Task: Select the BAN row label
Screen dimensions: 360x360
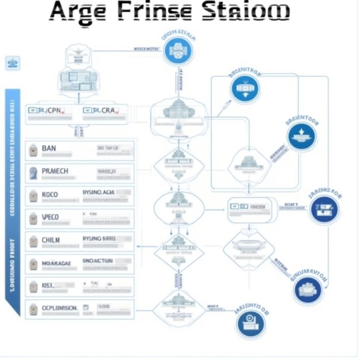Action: coord(49,148)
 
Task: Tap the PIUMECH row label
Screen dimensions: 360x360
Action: coord(55,171)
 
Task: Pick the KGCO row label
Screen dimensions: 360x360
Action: coord(50,194)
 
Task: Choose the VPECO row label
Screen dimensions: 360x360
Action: coord(50,217)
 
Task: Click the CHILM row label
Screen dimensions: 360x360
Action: coord(51,240)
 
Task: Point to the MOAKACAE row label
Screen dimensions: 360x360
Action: coord(56,263)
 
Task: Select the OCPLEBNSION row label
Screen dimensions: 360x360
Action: coord(60,308)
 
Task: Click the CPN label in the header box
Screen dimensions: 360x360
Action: coord(53,110)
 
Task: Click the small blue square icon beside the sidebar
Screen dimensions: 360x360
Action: coord(13,63)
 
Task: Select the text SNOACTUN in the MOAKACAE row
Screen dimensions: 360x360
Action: coord(97,261)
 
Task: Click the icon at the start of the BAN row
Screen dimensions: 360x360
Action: coord(33,150)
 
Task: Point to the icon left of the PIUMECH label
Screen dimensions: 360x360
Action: coord(33,173)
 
